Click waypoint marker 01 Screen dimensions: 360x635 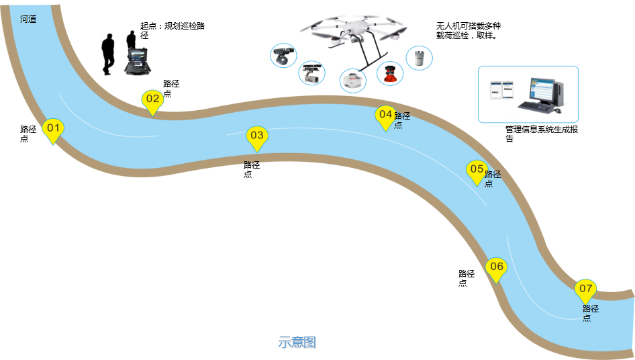(x=54, y=129)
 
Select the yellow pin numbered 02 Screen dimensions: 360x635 (x=153, y=100)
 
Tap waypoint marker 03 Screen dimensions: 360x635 (x=257, y=136)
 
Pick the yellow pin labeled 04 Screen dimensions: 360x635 (x=385, y=116)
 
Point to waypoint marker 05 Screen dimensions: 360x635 (x=477, y=170)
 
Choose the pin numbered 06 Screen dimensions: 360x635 (x=496, y=268)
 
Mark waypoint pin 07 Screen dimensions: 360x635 (x=585, y=289)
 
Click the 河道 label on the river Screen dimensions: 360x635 (x=28, y=19)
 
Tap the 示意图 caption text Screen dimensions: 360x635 (x=297, y=343)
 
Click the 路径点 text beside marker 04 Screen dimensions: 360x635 (x=401, y=120)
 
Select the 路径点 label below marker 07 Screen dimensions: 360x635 (x=590, y=313)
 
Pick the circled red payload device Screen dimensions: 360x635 (x=390, y=73)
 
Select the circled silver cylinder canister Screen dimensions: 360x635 (x=419, y=58)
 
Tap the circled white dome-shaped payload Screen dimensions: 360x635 (x=352, y=81)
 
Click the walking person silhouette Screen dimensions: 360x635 (x=108, y=54)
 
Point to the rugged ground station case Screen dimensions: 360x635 (x=138, y=60)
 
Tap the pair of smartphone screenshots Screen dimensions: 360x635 (x=501, y=89)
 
